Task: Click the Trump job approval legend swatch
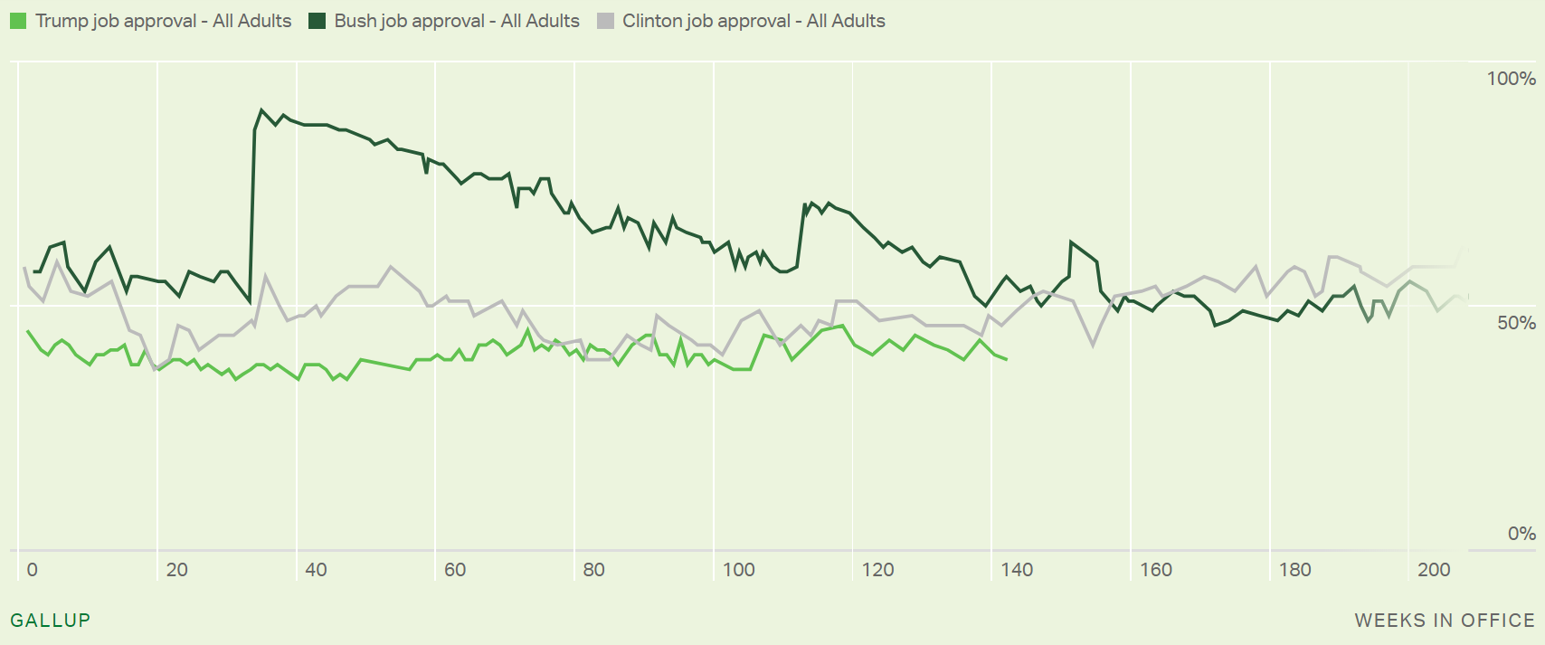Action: tap(18, 21)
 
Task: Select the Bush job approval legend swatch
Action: tap(317, 21)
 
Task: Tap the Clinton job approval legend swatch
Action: tap(605, 21)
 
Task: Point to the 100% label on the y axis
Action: tap(1511, 79)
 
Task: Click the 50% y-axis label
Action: tap(1516, 323)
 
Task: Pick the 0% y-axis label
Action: tap(1521, 534)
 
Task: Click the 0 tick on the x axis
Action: tap(33, 570)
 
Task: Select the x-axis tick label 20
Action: tap(177, 570)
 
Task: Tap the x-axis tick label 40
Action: tap(316, 570)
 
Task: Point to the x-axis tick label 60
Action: tap(455, 570)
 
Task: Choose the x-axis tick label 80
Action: tap(594, 570)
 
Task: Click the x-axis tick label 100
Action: tap(739, 570)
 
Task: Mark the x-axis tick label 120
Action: tap(877, 570)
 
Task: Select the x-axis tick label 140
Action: tap(1017, 570)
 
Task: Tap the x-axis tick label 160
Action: tap(1156, 570)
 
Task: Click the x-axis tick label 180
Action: tap(1295, 570)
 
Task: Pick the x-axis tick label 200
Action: tap(1434, 570)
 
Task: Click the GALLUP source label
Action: tap(51, 621)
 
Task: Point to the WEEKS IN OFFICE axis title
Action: tap(1445, 621)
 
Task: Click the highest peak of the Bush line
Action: tap(261, 110)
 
